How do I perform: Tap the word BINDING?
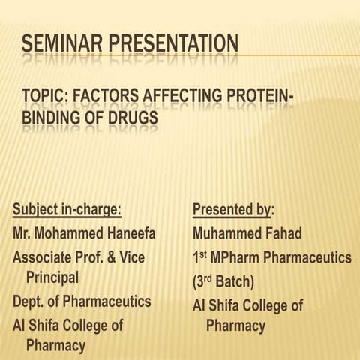55,118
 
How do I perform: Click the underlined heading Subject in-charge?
67,210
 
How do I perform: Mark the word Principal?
52,277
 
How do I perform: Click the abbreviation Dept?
28,301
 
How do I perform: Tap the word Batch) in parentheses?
232,282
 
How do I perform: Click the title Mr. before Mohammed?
22,233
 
